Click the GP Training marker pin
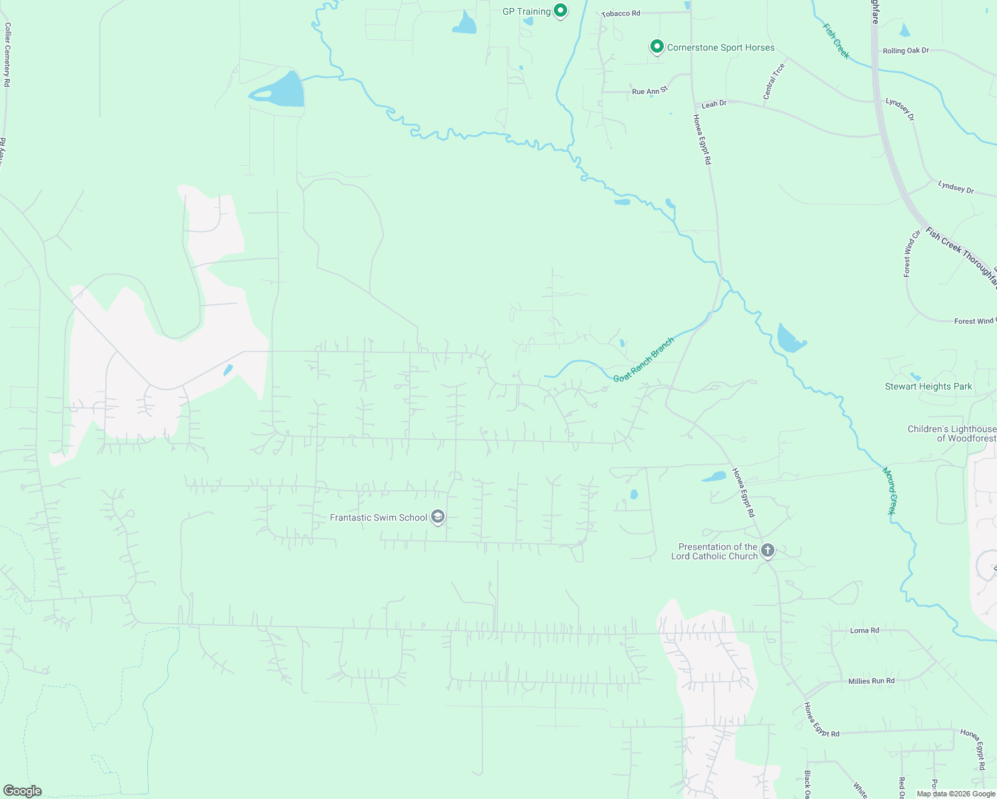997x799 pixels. pos(561,11)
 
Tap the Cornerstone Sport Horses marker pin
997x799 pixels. pos(656,47)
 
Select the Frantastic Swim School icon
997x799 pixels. pos(438,517)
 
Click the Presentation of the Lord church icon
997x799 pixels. pos(768,551)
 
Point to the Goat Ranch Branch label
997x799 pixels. pos(644,360)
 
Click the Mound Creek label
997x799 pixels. pos(890,491)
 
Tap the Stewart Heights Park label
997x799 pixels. pos(928,386)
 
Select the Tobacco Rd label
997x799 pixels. pos(620,13)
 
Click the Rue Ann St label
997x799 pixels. pos(649,91)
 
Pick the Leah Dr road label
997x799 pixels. pos(714,104)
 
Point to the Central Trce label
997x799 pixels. pos(774,81)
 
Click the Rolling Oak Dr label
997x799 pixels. pos(906,51)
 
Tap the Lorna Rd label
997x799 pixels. pos(864,630)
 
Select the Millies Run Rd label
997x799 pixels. pos(871,680)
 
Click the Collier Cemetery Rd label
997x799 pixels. pos(7,55)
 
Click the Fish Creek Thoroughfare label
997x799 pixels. pos(961,257)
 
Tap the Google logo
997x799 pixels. pos(22,791)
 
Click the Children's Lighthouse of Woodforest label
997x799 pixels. pos(952,433)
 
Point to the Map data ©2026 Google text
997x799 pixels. pos(955,794)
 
